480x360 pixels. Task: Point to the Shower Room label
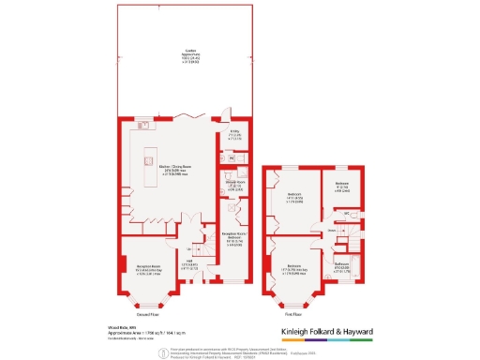(235, 187)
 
